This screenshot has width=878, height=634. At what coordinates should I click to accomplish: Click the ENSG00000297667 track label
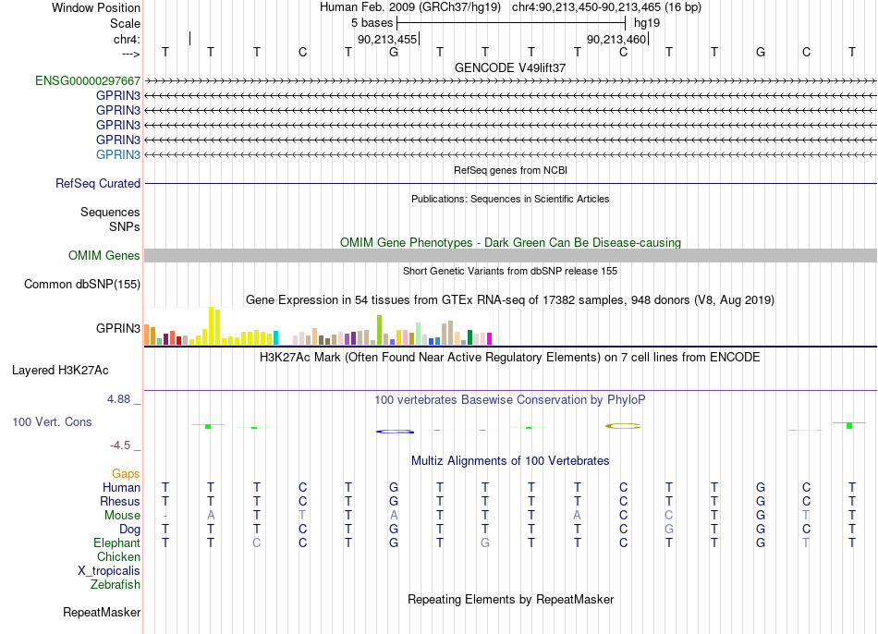[x=88, y=80]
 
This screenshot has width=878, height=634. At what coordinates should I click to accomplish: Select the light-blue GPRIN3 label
[x=118, y=154]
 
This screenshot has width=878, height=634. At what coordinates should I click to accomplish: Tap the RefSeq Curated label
[x=98, y=183]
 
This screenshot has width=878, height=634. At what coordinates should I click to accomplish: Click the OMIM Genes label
[x=104, y=255]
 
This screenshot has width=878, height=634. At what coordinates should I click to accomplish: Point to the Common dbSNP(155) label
[x=82, y=284]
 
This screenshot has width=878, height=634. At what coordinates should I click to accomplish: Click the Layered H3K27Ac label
[x=60, y=371]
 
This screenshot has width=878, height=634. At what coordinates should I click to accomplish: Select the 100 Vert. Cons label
[x=52, y=421]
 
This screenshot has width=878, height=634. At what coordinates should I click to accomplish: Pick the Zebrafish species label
[x=116, y=584]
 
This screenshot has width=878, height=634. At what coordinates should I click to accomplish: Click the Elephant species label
[x=117, y=543]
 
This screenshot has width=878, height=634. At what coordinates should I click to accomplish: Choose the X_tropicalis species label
[x=109, y=571]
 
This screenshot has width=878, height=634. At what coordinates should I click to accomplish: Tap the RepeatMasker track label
[x=102, y=612]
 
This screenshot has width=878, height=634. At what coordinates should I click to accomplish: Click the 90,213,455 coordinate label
[x=387, y=39]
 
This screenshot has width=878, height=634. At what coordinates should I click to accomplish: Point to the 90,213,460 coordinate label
[x=616, y=39]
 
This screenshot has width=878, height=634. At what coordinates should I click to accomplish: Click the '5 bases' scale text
[x=372, y=23]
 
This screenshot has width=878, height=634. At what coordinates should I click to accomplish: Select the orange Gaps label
[x=126, y=474]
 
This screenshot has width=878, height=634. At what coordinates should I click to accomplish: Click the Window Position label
[x=96, y=7]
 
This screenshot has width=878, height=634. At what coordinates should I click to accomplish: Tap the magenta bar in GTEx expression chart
[x=489, y=338]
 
